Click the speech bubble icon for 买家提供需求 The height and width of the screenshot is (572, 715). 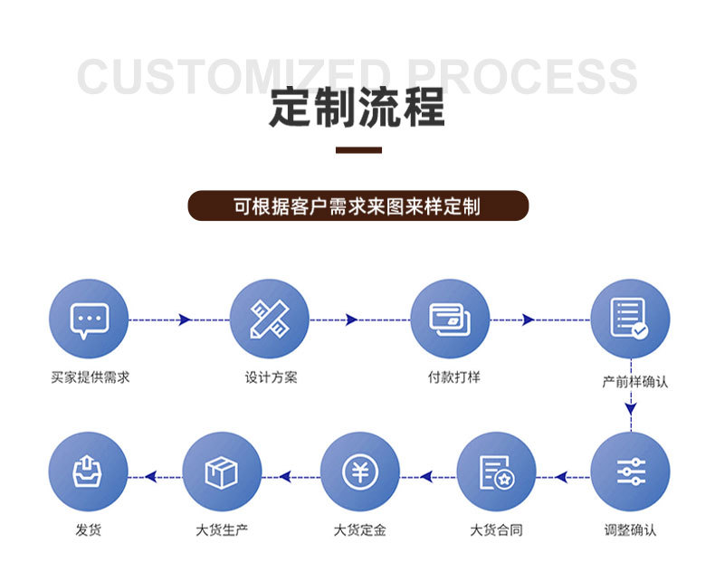[x=89, y=319]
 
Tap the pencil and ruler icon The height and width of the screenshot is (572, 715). [x=269, y=319]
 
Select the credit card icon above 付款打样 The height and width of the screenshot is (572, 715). [x=449, y=319]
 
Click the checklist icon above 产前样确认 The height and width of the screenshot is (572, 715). [x=630, y=319]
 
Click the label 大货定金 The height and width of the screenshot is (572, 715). [x=359, y=529]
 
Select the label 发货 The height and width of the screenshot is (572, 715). [x=88, y=529]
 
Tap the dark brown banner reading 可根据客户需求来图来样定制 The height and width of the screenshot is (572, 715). [x=357, y=205]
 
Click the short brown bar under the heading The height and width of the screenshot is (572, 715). [x=358, y=149]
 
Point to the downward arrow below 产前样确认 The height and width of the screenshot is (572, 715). [x=630, y=409]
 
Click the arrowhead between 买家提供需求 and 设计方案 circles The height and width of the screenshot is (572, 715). [x=185, y=319]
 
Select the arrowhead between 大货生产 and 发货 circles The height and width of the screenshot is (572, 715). [x=151, y=476]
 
